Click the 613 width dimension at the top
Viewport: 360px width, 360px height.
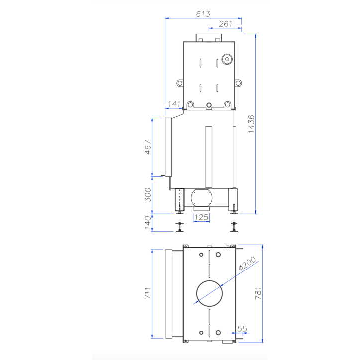pyautogui.click(x=203, y=14)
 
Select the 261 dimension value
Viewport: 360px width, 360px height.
pyautogui.click(x=225, y=24)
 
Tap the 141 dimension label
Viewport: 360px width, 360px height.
pyautogui.click(x=174, y=104)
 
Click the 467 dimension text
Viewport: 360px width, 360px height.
pyautogui.click(x=148, y=147)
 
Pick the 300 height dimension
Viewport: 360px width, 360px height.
pyautogui.click(x=148, y=195)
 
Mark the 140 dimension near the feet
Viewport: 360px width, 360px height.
pyautogui.click(x=148, y=222)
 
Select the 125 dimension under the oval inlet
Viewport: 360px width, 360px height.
pyautogui.click(x=201, y=217)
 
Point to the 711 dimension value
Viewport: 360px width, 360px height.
pyautogui.click(x=148, y=293)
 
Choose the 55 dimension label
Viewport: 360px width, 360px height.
pyautogui.click(x=242, y=329)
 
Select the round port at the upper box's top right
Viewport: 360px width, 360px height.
pyautogui.click(x=227, y=59)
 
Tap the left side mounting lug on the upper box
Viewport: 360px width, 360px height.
pyautogui.click(x=180, y=82)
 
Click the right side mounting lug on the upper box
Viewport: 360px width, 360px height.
pyautogui.click(x=238, y=82)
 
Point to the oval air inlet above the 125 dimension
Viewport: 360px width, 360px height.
pyautogui.click(x=201, y=198)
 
